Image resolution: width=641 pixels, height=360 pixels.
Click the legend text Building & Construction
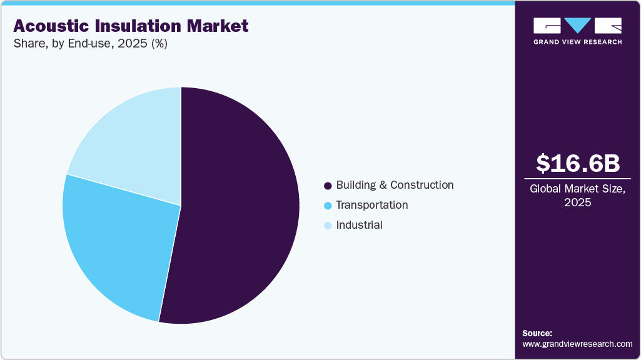click(x=395, y=185)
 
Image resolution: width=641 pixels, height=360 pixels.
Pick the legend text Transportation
click(x=371, y=205)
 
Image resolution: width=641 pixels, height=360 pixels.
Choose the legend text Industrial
click(x=359, y=225)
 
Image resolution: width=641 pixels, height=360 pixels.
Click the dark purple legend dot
click(x=327, y=186)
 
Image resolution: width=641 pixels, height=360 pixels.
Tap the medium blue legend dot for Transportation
click(x=327, y=206)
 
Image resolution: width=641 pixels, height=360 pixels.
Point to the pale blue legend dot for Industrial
click(x=327, y=226)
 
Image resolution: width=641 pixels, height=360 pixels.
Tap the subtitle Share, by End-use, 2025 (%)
click(x=90, y=44)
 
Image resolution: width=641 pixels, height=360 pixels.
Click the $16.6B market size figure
click(x=578, y=163)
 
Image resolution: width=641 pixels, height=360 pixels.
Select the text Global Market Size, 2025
click(x=578, y=196)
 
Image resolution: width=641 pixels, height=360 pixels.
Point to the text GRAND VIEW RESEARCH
click(x=577, y=42)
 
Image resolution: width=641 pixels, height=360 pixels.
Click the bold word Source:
click(x=537, y=334)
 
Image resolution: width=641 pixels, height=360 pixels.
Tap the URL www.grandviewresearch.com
click(x=577, y=344)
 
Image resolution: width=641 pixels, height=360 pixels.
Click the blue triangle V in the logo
click(x=577, y=26)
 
